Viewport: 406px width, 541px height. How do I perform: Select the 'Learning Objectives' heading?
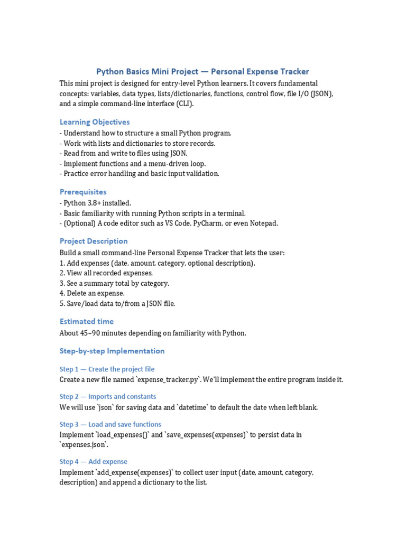(x=95, y=122)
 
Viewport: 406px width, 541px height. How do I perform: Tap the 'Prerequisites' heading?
(x=83, y=192)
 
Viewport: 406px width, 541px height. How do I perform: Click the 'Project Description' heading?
(x=94, y=241)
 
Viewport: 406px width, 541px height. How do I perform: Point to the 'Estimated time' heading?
(x=87, y=321)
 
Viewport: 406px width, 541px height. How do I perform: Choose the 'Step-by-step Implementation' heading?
(x=112, y=351)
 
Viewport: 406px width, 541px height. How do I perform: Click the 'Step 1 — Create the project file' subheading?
(x=107, y=369)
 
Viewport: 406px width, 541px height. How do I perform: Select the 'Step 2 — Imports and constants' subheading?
(x=108, y=397)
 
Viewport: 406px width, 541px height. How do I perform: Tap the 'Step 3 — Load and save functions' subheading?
(x=110, y=424)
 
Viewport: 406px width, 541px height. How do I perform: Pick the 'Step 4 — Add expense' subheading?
(x=93, y=462)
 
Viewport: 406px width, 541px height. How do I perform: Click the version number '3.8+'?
(x=95, y=203)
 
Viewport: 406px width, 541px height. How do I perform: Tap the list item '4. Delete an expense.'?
(x=92, y=293)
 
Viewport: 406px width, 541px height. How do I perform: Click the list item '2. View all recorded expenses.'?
(x=106, y=273)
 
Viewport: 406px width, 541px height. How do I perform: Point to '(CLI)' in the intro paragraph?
(x=181, y=104)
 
